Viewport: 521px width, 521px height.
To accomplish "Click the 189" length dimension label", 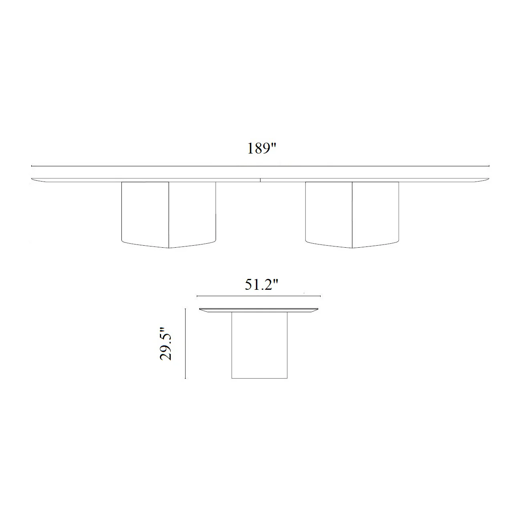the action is pyautogui.click(x=262, y=148).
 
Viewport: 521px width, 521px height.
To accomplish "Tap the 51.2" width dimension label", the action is pyautogui.click(x=261, y=285).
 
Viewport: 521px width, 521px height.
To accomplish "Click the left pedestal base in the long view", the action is pyautogui.click(x=169, y=215).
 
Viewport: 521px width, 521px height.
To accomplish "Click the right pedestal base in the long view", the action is pyautogui.click(x=352, y=215).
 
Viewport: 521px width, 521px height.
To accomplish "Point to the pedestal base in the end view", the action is pyautogui.click(x=259, y=345).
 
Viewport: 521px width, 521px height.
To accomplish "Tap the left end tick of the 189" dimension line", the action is pyautogui.click(x=32, y=166).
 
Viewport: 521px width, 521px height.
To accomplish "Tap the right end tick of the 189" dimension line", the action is pyautogui.click(x=489, y=166).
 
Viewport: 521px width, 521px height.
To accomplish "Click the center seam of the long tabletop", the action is pyautogui.click(x=260, y=180).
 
